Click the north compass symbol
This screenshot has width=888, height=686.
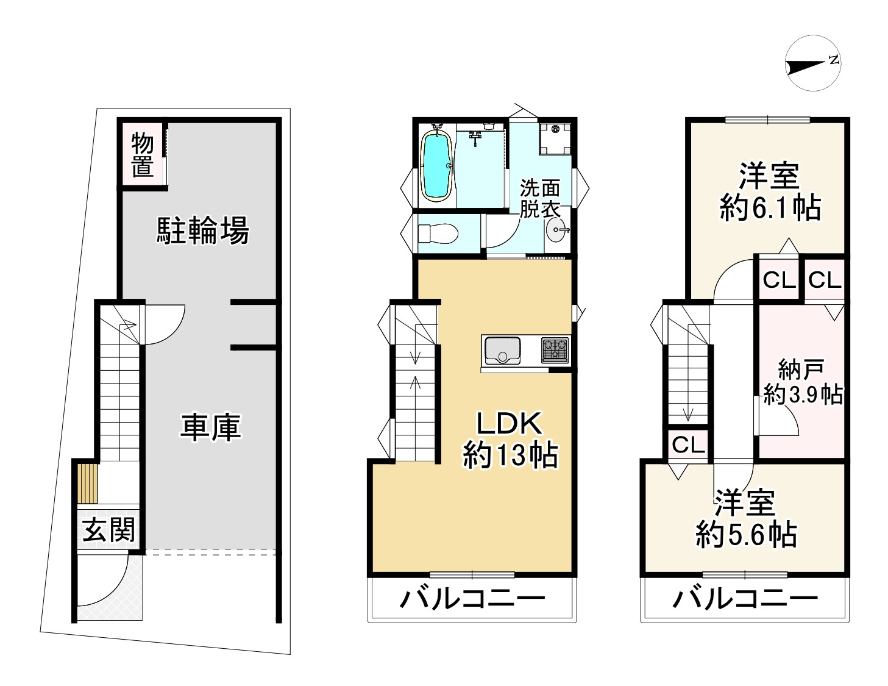coord(813,64)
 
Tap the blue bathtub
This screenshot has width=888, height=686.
coord(436,166)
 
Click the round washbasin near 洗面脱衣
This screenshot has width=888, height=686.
coord(557,230)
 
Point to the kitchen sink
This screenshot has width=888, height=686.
coord(502,351)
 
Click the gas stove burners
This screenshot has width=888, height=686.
coord(555,349)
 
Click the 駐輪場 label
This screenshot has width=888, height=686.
coord(203,231)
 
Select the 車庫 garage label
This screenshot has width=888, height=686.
coord(210,427)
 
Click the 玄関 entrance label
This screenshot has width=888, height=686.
coord(108,529)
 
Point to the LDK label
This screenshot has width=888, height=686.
coord(508,421)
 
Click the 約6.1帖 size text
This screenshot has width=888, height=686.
coord(770,209)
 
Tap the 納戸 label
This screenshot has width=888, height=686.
coord(801,369)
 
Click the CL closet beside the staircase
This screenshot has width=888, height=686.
coord(688,445)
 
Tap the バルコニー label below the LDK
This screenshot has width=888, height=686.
coord(472,599)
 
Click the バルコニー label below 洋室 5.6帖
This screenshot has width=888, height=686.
coord(745,599)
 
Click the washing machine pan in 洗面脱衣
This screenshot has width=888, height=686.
coord(555,138)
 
